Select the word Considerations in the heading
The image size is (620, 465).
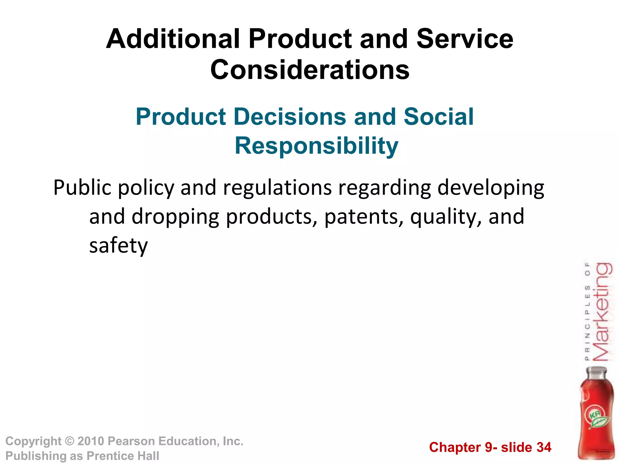310,70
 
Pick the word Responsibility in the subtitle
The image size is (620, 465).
316,146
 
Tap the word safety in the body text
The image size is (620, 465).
118,246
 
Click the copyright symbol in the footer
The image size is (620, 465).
70,441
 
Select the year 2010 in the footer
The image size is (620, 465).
91,441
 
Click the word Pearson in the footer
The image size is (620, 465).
131,441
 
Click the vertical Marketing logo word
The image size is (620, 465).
602,312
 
